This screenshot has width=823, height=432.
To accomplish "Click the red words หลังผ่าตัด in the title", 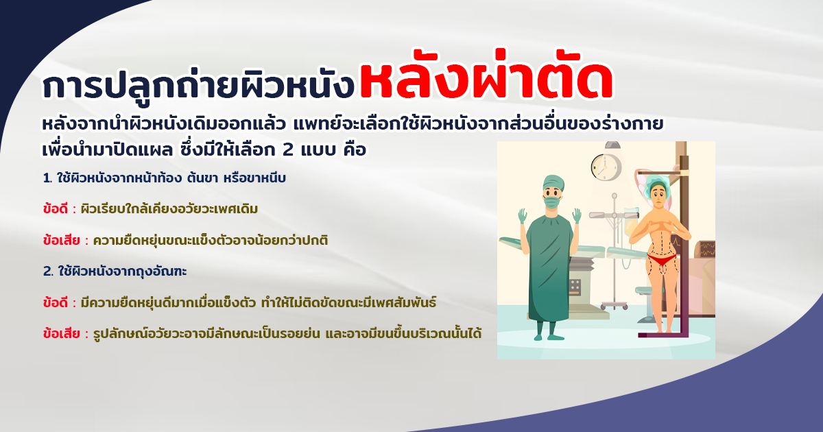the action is pos(486,76).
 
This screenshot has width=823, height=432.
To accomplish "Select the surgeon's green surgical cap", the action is pos(553,182).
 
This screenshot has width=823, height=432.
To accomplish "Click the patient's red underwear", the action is pos(662,259).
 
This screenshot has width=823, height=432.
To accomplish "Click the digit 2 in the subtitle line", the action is pos(288,150).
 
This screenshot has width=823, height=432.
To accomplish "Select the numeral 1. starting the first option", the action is pos(47,178).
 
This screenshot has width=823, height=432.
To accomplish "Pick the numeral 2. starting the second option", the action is pos(49,272).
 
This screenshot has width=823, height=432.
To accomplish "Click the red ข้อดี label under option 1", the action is pos(55,208).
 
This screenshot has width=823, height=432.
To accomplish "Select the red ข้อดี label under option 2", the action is pos(55,302).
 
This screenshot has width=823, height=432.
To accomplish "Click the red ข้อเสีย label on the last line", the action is pos(61,333).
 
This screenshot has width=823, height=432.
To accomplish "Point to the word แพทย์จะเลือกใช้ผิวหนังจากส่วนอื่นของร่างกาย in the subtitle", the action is pos(479,123).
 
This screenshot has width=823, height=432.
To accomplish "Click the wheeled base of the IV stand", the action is pos(615,305).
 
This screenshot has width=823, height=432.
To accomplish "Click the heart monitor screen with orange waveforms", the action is pos(707,249).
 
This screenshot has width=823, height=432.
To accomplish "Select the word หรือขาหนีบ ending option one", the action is pos(254,178).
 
